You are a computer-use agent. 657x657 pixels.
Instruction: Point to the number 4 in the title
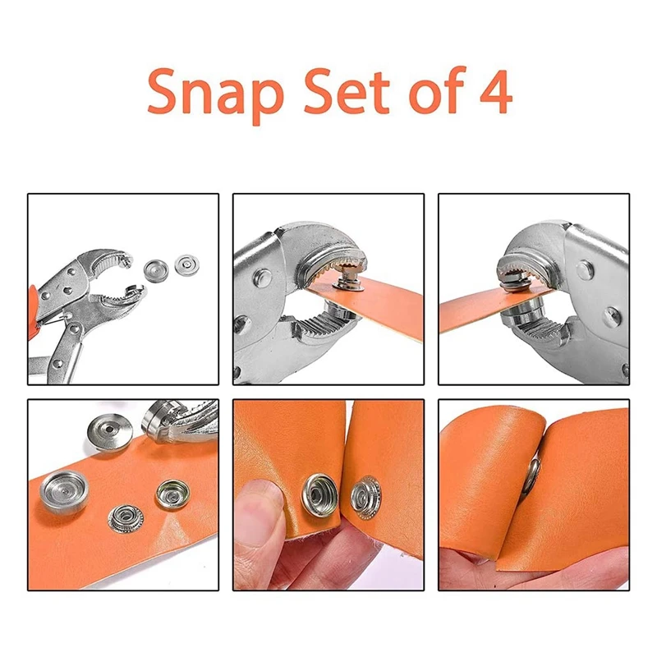[495, 94]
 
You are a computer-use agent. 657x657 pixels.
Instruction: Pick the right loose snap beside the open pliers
[185, 266]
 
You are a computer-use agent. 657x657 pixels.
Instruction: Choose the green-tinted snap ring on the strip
[172, 493]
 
